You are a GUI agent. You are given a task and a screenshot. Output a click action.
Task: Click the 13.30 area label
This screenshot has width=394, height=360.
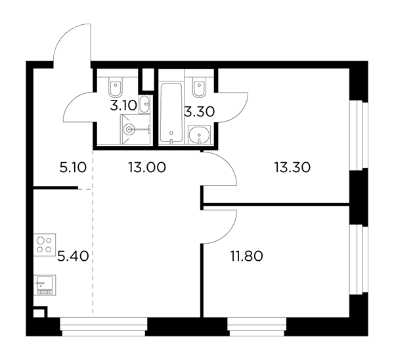click(x=292, y=168)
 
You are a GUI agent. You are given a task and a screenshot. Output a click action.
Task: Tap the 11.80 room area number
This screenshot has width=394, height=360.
click(x=247, y=256)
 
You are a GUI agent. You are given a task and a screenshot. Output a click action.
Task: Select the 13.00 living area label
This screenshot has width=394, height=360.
click(x=147, y=168)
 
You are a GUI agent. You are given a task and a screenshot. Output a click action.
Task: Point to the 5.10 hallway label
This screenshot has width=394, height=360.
click(x=73, y=168)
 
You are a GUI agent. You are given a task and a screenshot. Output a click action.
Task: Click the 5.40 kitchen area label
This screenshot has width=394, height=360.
click(x=73, y=256)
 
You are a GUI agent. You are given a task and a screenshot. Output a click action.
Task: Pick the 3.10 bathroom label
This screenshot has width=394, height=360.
click(x=123, y=106)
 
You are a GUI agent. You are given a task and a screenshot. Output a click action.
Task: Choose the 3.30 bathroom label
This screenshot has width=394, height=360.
click(x=200, y=112)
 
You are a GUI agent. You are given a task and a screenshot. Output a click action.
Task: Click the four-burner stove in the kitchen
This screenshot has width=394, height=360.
click(x=45, y=245)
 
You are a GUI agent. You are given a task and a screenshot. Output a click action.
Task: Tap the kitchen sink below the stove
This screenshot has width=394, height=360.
click(x=45, y=285)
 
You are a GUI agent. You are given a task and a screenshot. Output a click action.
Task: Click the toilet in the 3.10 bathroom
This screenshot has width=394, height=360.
click(x=116, y=87)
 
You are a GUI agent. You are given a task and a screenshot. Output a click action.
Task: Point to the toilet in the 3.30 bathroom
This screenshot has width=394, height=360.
click(x=200, y=87)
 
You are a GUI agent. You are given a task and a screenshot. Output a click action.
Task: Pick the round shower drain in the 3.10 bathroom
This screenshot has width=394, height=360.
click(x=129, y=129)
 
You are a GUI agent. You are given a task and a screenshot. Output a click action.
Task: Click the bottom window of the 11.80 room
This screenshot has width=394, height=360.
click(x=257, y=326)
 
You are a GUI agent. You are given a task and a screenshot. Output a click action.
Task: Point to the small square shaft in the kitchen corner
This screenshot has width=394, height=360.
click(x=39, y=313)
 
